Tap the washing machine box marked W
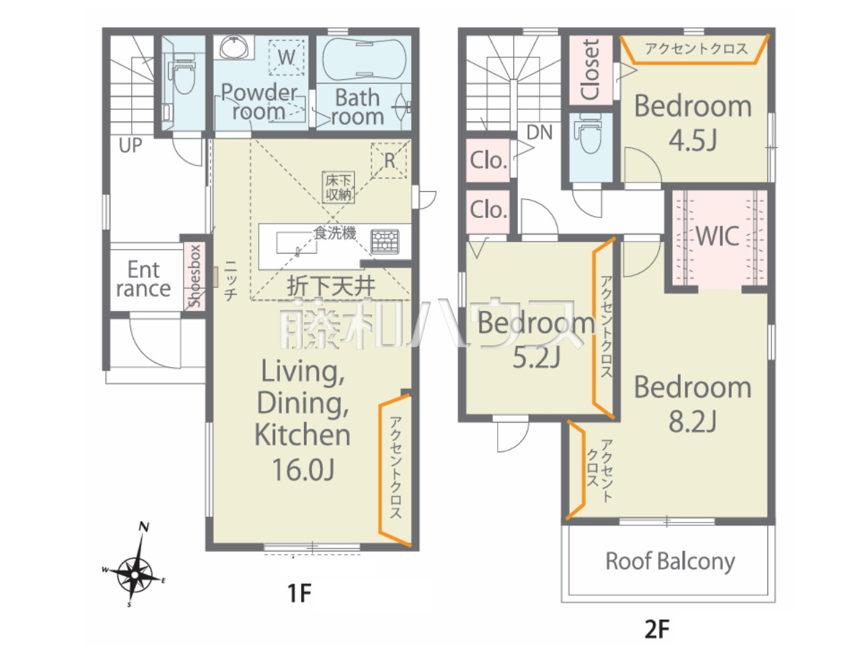coord(287,57)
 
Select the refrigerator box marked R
coord(389,160)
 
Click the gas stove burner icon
coord(385,241)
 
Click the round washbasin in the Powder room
coord(234,48)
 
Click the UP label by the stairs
coord(130,145)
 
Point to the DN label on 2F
coord(539,133)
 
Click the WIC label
coord(718,236)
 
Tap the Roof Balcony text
coord(671,561)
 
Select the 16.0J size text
coord(303,470)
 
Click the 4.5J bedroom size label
coord(693,140)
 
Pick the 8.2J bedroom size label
coord(693,421)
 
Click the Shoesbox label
coord(194,276)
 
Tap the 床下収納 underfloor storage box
coord(338,188)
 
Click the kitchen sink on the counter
coord(297,243)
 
